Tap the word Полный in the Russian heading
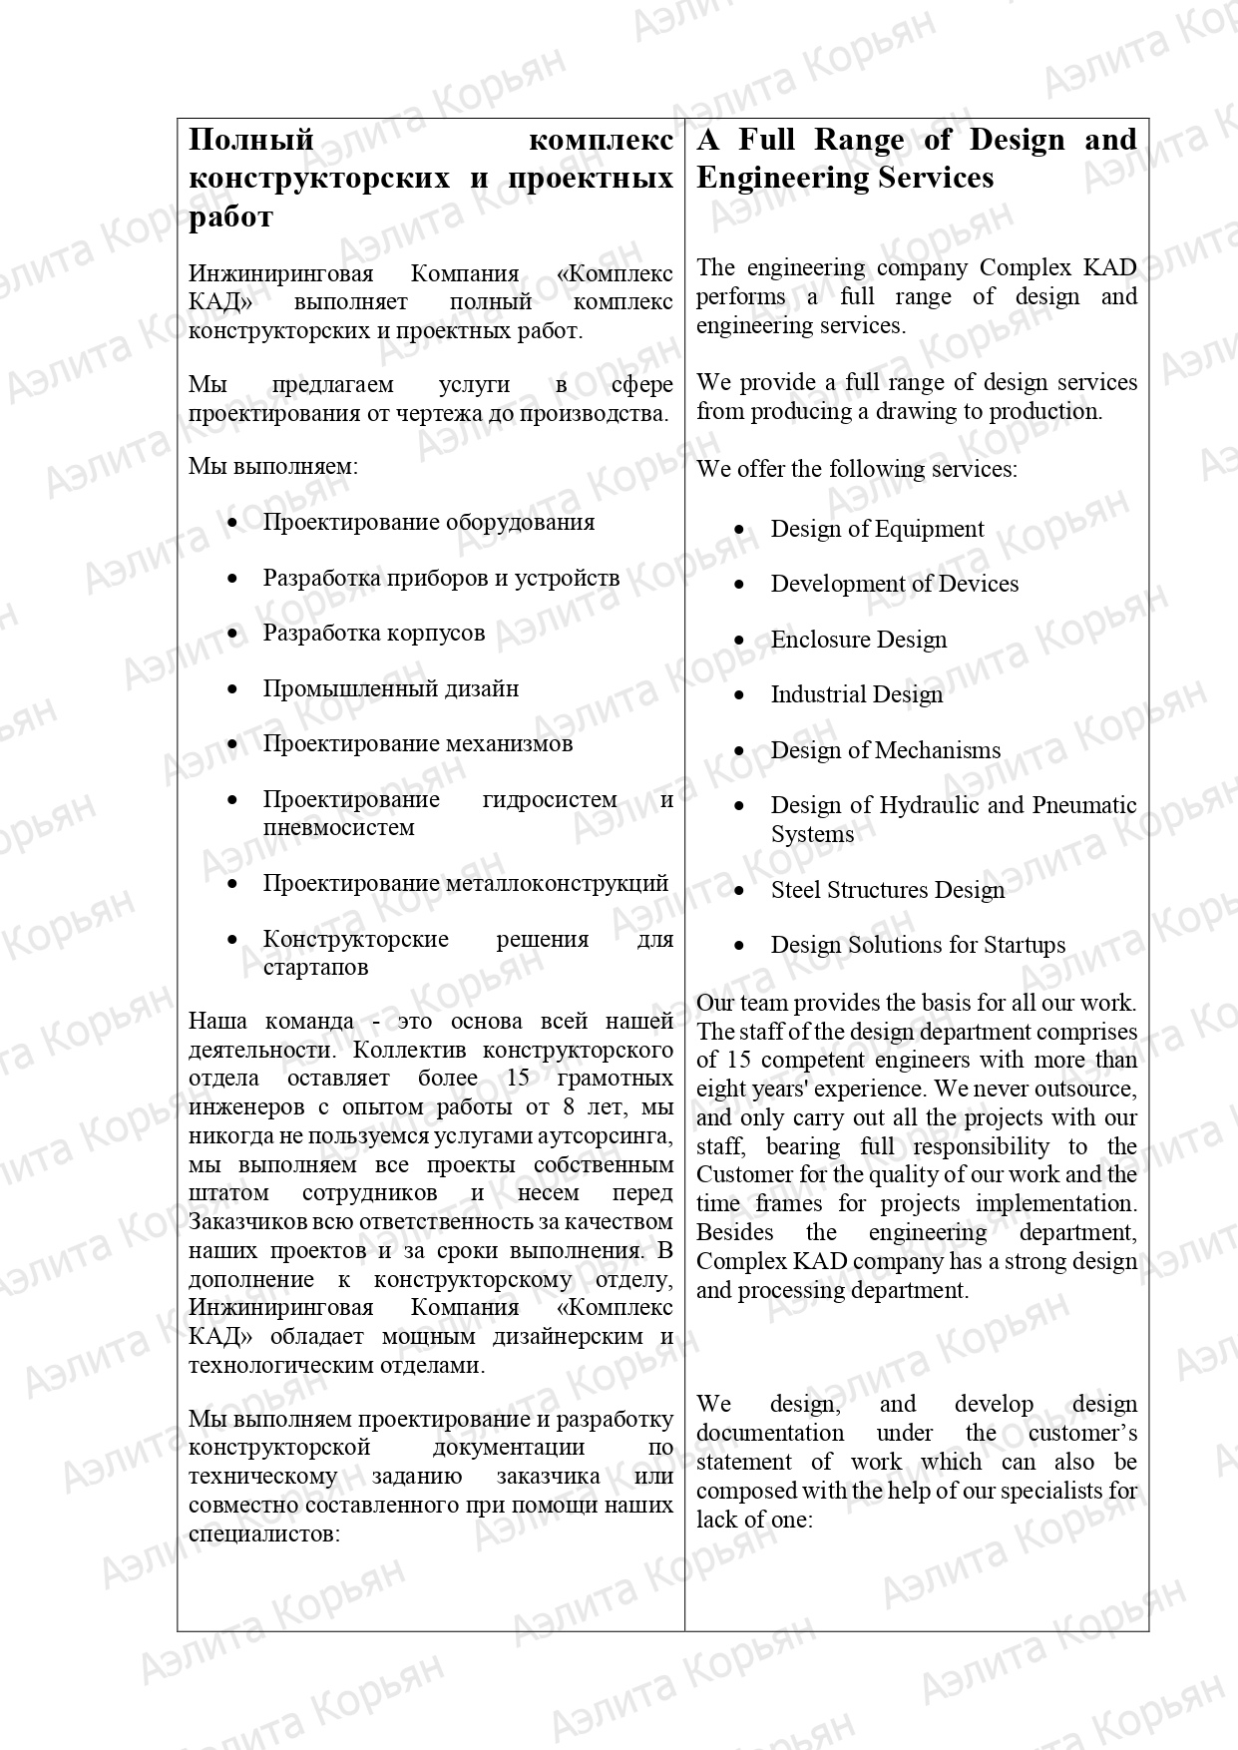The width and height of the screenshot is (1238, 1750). tap(251, 140)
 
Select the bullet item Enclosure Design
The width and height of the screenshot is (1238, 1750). tap(858, 640)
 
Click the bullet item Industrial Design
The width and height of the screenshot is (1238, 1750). tap(856, 694)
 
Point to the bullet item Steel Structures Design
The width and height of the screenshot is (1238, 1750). tap(887, 890)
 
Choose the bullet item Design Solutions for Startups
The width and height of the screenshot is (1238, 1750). tap(918, 945)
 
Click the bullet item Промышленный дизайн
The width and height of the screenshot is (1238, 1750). tap(390, 688)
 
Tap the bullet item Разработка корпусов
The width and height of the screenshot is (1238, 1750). tap(373, 633)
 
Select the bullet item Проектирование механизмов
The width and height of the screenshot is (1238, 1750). tap(417, 743)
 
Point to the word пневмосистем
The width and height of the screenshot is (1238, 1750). tap(338, 827)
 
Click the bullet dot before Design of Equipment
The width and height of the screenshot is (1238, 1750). tap(739, 530)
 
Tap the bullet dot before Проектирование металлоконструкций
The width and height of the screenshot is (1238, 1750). tap(232, 884)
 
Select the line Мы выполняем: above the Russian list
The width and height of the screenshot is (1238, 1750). tap(272, 466)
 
